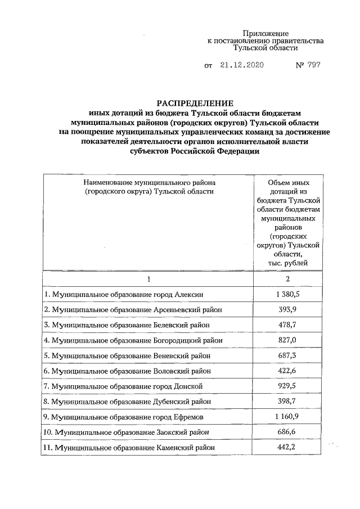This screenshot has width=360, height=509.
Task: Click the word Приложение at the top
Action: pos(266,33)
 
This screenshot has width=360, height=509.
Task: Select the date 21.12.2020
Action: pos(242,65)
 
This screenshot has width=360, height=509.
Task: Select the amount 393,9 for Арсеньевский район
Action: pos(289,309)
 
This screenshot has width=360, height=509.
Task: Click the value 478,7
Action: pos(289,325)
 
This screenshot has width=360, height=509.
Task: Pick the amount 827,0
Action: pos(289,340)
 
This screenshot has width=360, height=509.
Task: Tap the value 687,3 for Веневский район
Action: pos(289,355)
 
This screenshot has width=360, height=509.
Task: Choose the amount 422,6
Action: pos(289,371)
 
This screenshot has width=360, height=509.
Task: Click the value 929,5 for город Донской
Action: pos(289,386)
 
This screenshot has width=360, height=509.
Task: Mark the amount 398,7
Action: pos(289,401)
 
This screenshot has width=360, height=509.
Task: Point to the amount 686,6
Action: pos(289,431)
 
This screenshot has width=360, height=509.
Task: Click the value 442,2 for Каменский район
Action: pos(289,447)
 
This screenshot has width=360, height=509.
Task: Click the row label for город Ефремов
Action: pos(124,417)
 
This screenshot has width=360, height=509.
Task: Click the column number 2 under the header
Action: pos(289,279)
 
